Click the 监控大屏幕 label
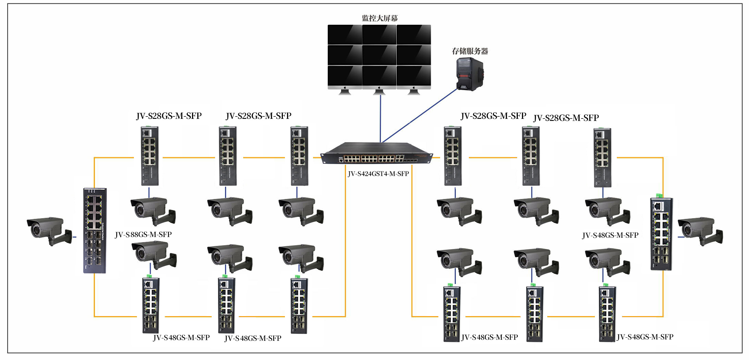379,18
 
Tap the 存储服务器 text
470,51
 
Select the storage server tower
470,74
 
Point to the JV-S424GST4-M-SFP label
378,174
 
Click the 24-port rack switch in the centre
377,154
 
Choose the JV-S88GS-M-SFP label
143,235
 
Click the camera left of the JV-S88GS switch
49,230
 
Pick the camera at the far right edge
700,230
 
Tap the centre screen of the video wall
379,55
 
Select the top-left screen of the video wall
345,34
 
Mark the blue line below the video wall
380,118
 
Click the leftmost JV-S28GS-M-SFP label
169,116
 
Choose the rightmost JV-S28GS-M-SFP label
566,118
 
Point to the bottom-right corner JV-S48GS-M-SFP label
645,337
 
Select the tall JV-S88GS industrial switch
95,230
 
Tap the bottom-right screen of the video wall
414,76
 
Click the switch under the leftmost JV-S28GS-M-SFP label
150,156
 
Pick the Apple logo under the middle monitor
379,88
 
